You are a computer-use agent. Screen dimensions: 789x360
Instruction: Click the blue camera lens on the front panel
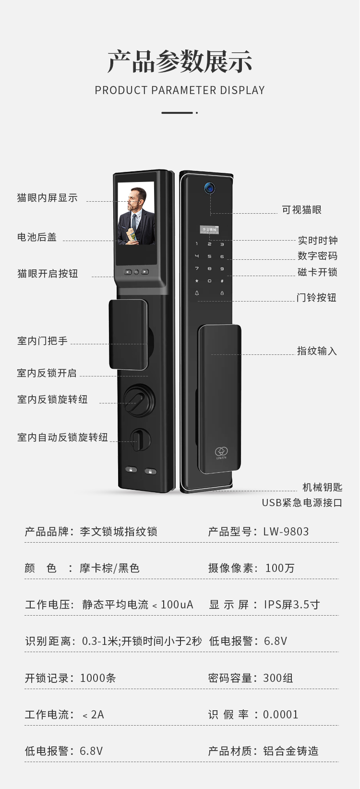209,188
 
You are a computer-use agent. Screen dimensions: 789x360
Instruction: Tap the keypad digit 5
209,256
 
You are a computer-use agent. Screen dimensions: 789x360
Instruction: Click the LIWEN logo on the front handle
221,453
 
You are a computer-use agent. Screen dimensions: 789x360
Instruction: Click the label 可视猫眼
301,210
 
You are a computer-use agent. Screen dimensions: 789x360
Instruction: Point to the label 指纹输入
317,351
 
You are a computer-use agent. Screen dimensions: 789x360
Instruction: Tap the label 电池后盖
37,237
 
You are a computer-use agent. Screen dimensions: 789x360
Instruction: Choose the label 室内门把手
42,341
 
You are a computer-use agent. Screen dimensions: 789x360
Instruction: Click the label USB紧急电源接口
302,503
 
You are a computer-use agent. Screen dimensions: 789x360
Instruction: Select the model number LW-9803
286,532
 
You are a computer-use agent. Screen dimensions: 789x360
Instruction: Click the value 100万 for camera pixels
280,568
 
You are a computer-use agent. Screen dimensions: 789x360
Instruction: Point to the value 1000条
98,678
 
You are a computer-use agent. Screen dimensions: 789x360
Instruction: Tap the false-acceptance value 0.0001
281,715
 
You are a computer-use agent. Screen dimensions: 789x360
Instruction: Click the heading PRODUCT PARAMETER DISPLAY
180,90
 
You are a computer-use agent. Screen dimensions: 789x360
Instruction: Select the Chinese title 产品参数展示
180,61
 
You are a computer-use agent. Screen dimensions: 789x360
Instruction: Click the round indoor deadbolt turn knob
139,400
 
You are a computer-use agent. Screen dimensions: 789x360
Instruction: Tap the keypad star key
197,281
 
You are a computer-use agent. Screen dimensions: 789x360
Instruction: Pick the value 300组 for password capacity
278,678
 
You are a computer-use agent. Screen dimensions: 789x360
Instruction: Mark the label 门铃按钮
316,298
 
